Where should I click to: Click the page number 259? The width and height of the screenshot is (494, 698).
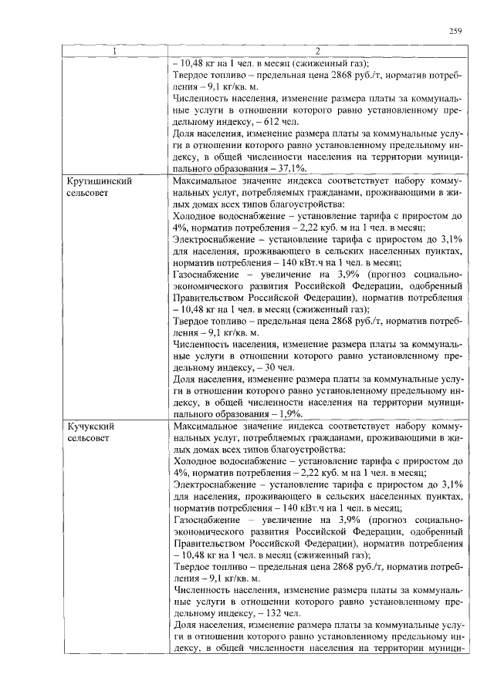(x=455, y=31)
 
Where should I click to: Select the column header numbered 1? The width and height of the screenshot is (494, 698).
(x=115, y=52)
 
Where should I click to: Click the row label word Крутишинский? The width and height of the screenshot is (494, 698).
(x=96, y=181)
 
